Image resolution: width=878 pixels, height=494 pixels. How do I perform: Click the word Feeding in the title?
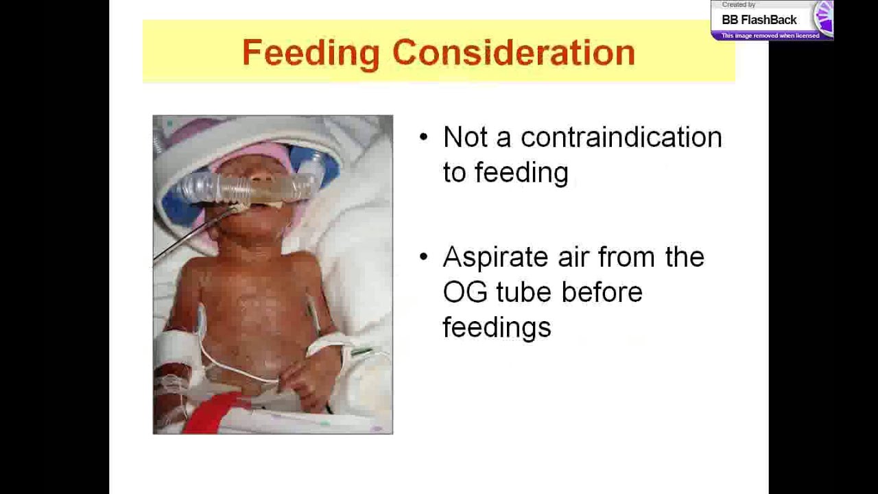coord(311,54)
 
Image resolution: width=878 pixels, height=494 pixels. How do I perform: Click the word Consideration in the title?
coord(514,54)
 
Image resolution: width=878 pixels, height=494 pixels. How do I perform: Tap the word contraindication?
coord(621,137)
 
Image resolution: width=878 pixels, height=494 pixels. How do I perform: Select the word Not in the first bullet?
coord(465,137)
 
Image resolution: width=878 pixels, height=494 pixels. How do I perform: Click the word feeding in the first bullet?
coord(521,173)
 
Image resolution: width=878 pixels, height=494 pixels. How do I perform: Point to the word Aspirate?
coord(495,258)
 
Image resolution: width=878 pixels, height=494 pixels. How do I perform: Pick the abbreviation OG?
coord(464,292)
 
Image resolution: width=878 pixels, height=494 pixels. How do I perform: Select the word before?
coord(602,292)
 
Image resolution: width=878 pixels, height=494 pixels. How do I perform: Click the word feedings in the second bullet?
coord(497,327)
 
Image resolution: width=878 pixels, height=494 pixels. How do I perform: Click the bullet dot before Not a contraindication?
coord(423,137)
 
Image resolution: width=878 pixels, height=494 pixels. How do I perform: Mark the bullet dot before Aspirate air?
coord(423,257)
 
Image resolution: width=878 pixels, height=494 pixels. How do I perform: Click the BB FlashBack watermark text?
coord(759,20)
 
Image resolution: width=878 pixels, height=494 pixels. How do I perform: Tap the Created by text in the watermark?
coord(738,5)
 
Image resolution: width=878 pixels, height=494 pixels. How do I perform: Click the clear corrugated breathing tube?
coord(247,187)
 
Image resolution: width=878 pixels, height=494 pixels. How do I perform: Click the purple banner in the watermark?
coord(770,36)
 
